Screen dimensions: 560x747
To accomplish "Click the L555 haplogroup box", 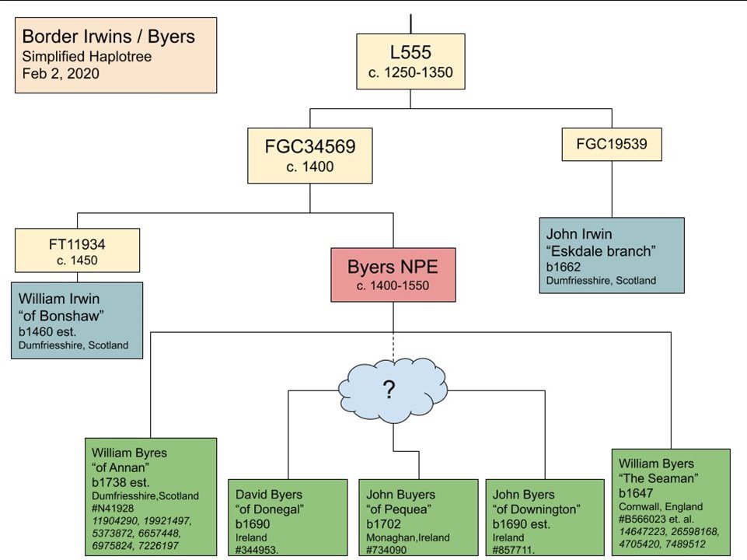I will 410,62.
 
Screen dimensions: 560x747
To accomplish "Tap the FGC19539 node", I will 611,144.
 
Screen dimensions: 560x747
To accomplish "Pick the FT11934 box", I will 77,250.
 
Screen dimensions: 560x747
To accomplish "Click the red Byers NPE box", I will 393,275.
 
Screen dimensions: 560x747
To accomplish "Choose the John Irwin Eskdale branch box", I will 612,255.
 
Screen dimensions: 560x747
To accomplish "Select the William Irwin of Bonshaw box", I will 77,320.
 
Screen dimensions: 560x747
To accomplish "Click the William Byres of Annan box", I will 151,496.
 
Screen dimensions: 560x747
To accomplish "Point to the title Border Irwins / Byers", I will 108,37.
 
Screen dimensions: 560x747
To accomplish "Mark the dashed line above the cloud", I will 393,345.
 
